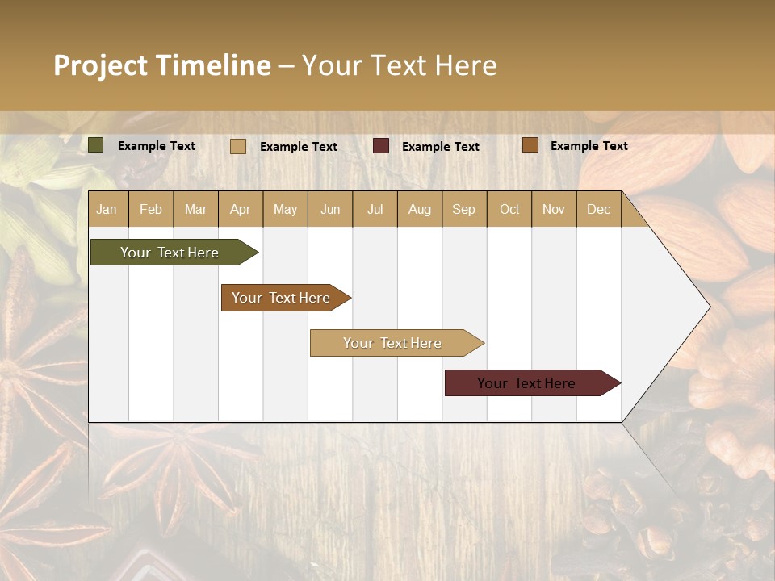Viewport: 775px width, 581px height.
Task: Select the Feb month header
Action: click(151, 209)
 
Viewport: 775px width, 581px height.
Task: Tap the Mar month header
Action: click(195, 209)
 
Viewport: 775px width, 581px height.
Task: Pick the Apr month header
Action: click(241, 209)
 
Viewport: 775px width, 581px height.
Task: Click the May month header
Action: click(285, 209)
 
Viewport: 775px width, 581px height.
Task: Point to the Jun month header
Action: click(330, 209)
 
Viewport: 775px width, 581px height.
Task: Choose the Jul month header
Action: click(375, 209)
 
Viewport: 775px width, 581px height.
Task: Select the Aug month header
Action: click(420, 209)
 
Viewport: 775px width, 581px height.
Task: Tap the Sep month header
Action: click(464, 209)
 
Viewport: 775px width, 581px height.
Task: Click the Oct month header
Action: click(509, 209)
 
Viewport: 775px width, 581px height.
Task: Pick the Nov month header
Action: click(554, 209)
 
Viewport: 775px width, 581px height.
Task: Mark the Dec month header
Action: click(599, 209)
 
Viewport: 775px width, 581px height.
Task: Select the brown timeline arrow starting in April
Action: click(283, 298)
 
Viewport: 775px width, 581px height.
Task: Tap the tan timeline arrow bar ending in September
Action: click(394, 343)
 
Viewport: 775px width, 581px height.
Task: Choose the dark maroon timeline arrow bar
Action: click(529, 383)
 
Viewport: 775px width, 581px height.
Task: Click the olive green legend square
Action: click(96, 145)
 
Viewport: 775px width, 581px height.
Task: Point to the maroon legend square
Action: click(381, 145)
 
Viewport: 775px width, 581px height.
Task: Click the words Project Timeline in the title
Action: click(162, 65)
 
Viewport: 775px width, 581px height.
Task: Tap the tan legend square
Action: click(238, 146)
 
